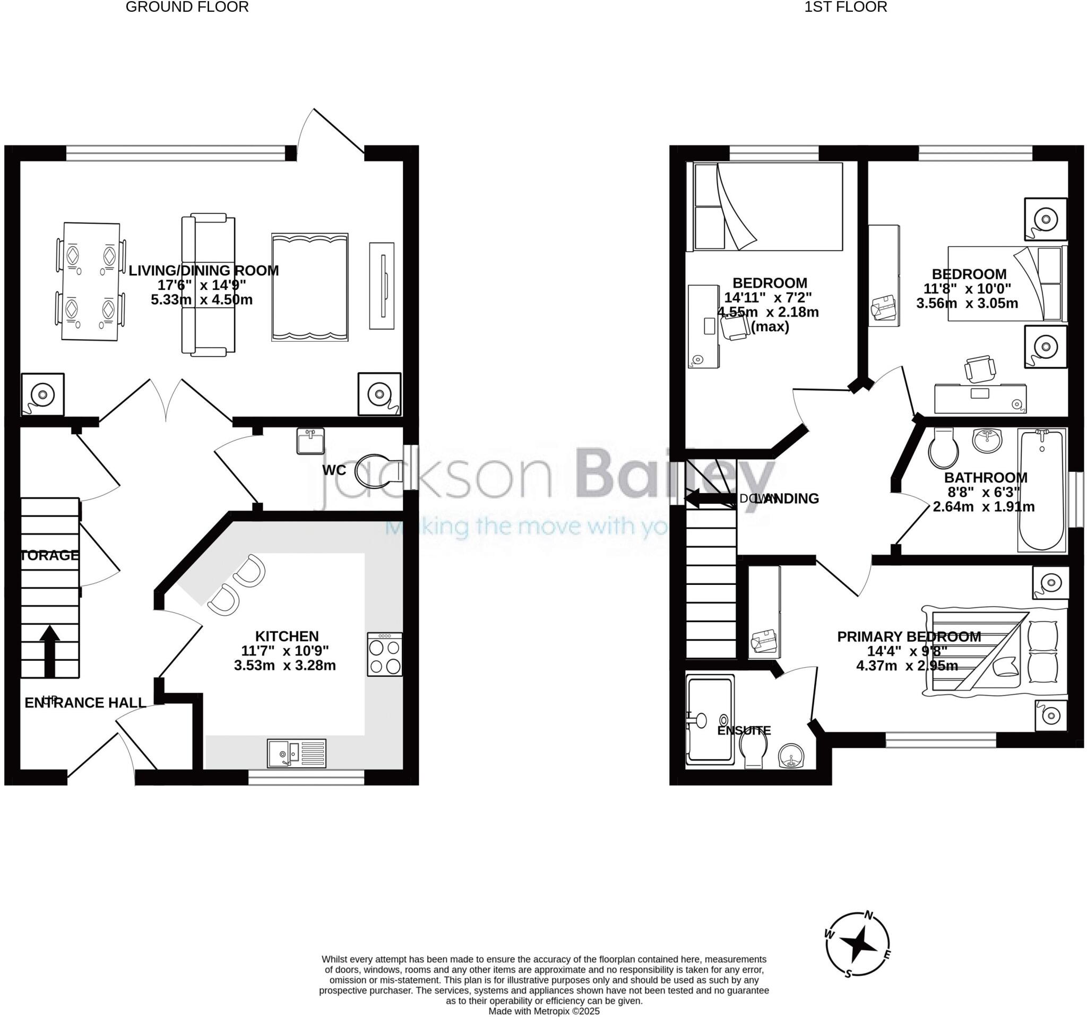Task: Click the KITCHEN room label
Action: [x=287, y=636]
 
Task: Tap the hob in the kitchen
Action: [x=385, y=654]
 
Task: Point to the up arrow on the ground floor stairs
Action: [x=50, y=651]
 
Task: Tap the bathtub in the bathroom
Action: [x=1041, y=490]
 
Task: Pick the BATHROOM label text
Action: [x=985, y=477]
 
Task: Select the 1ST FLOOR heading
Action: [x=846, y=7]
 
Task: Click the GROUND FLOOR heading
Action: [x=187, y=7]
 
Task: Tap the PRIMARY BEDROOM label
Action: [x=909, y=636]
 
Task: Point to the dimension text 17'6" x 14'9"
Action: [x=202, y=285]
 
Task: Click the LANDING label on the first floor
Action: [x=786, y=498]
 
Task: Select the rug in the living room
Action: [x=309, y=287]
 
